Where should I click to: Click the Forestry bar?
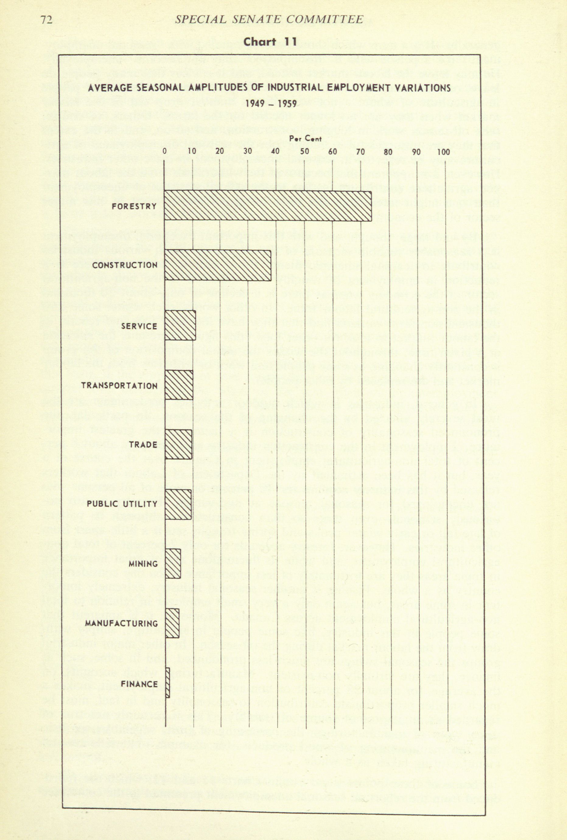268,206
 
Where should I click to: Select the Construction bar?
218,265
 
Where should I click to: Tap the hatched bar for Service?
180,325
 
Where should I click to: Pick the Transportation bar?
179,385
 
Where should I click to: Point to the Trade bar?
178,444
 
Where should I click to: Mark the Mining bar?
173,564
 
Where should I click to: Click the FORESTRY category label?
134,206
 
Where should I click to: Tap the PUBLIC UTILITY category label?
122,504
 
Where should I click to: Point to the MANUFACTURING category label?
121,624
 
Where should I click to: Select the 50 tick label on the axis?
304,152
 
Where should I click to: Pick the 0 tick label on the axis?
165,152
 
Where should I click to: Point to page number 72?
47,19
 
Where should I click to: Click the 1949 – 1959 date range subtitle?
271,104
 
